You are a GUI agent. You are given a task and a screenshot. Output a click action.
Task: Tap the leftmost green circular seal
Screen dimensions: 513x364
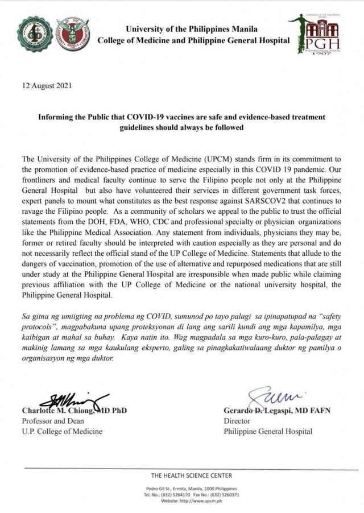[35, 34]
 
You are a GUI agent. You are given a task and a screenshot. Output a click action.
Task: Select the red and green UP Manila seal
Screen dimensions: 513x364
[72, 34]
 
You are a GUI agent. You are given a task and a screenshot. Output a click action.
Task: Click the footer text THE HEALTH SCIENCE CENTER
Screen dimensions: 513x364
[191, 475]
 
